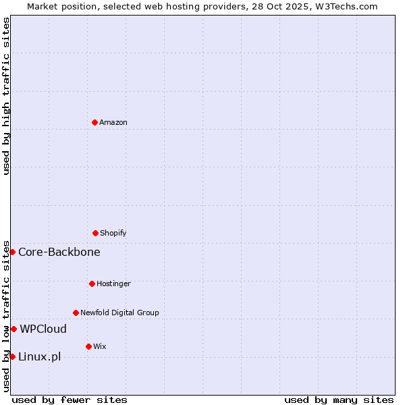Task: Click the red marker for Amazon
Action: click(94, 122)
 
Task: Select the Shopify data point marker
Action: click(95, 233)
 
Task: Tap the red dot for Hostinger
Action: click(92, 283)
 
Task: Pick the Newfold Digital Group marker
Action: click(76, 313)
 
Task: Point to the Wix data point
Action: click(88, 346)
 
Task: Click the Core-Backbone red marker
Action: click(12, 252)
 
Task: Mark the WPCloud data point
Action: click(13, 329)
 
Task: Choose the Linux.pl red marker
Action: click(12, 356)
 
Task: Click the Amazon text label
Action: click(113, 122)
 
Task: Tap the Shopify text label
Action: click(113, 233)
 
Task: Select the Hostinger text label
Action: click(113, 283)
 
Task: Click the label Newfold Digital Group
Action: click(119, 313)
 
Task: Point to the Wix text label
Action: click(100, 346)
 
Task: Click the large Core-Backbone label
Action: click(59, 252)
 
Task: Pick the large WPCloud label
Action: click(43, 329)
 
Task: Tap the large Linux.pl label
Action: click(39, 356)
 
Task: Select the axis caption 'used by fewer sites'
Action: click(70, 400)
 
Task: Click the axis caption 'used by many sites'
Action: click(339, 400)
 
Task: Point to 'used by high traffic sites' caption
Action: click(6, 96)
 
